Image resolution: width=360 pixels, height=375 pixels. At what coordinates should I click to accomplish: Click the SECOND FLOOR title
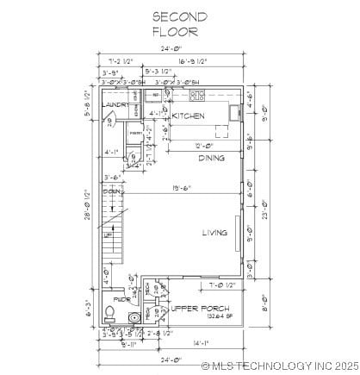(x=179, y=23)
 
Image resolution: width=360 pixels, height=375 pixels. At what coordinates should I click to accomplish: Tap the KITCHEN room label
(x=188, y=115)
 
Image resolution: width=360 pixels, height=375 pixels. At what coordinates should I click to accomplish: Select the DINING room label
(x=212, y=158)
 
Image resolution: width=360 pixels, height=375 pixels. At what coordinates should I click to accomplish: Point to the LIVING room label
(x=214, y=232)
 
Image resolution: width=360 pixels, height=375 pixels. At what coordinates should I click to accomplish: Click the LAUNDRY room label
(x=116, y=104)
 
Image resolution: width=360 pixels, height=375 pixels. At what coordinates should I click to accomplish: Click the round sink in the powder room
(x=133, y=317)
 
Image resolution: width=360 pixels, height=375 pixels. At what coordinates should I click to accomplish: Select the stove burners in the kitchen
(x=197, y=95)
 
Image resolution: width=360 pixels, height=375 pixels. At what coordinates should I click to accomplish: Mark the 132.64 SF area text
(x=196, y=316)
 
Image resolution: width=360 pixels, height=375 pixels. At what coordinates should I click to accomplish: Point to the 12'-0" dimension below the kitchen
(x=202, y=146)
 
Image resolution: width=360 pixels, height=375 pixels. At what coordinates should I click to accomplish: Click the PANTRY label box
(x=135, y=134)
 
